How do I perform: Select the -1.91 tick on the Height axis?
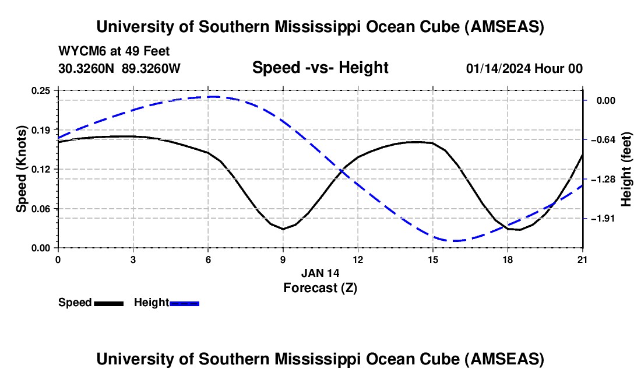(603, 218)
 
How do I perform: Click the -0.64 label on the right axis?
(603, 139)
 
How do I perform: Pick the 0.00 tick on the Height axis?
(605, 100)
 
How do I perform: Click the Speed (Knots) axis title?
(22, 169)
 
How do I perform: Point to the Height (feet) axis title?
(626, 169)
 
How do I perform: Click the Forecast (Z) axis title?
(320, 287)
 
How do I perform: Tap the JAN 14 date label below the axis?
(320, 273)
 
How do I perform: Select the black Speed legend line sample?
(108, 303)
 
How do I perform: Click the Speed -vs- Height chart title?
(320, 68)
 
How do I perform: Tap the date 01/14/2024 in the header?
(499, 69)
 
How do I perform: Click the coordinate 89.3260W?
(152, 69)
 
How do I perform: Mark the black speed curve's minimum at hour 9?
(283, 229)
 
